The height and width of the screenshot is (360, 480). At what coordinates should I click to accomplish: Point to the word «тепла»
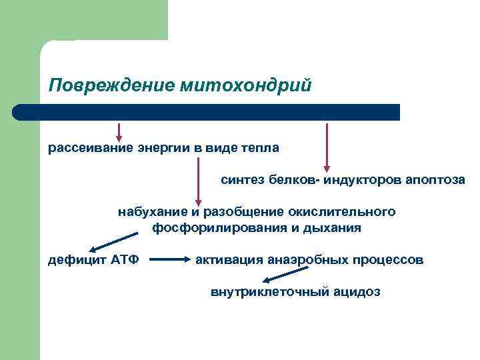[261, 147]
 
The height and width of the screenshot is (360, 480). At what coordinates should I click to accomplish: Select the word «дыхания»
[336, 228]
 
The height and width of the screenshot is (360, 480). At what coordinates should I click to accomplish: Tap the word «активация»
[228, 259]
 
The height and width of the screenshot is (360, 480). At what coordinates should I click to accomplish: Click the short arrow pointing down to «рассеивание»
[120, 131]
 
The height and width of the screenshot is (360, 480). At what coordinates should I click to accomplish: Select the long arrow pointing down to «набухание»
[198, 180]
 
